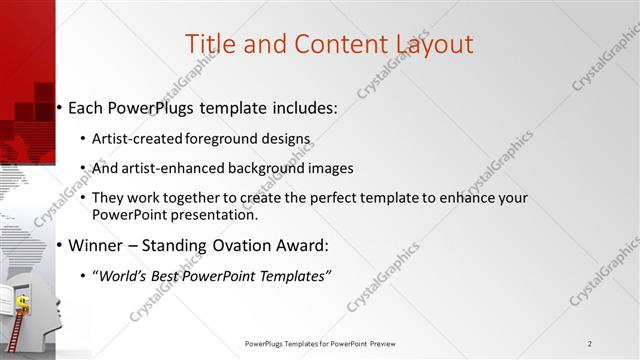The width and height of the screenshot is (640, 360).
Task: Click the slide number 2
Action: point(591,344)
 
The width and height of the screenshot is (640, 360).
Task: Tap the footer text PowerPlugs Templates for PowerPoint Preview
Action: point(319,344)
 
